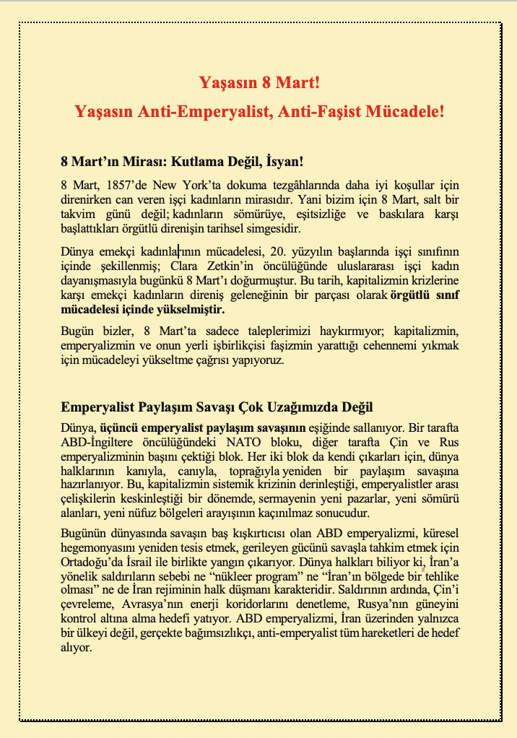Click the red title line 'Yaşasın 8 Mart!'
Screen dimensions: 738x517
(x=258, y=82)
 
